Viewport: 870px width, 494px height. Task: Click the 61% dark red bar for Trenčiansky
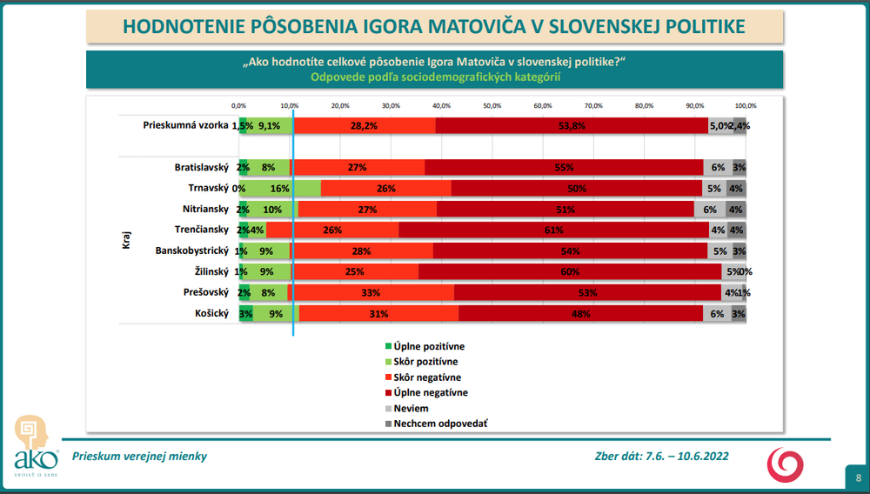[553, 230]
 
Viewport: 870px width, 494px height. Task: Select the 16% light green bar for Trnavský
[280, 188]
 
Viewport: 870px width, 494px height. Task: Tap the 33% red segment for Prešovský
[371, 293]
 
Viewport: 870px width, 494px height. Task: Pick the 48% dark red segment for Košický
[580, 314]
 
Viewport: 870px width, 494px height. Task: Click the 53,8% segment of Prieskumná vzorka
[572, 125]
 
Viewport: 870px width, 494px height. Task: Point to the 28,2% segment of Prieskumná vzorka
[364, 125]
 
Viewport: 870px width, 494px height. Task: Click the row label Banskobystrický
[191, 251]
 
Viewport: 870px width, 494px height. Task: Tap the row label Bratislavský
[202, 167]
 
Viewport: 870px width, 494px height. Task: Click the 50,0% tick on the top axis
[492, 105]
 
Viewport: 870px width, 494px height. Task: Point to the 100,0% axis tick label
[745, 105]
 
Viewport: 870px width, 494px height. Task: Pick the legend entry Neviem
[411, 409]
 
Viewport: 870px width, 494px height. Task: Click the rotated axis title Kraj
[125, 240]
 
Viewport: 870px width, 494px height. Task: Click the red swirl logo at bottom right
[785, 463]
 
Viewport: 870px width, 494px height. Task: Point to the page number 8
[858, 477]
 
